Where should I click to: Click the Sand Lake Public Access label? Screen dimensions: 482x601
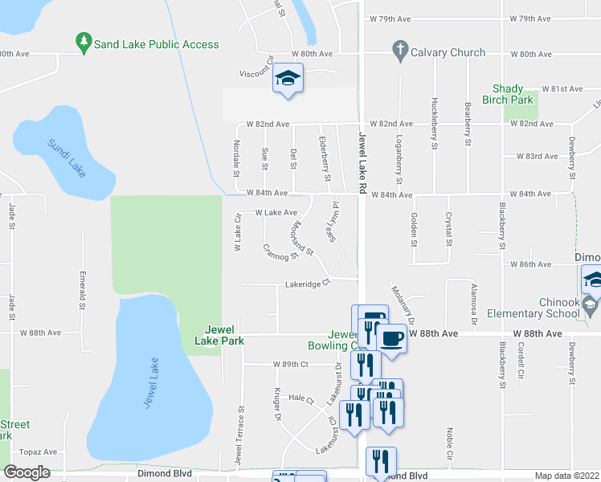156,44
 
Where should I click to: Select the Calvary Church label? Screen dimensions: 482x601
448,52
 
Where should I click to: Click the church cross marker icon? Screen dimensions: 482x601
399,51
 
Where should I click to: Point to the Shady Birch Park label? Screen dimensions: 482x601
508,95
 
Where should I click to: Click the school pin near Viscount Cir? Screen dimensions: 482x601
288,80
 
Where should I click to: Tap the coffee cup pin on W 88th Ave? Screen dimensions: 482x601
391,337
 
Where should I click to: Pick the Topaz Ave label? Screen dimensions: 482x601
39,452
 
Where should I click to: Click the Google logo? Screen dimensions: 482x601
27,472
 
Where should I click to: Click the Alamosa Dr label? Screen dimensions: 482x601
475,304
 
